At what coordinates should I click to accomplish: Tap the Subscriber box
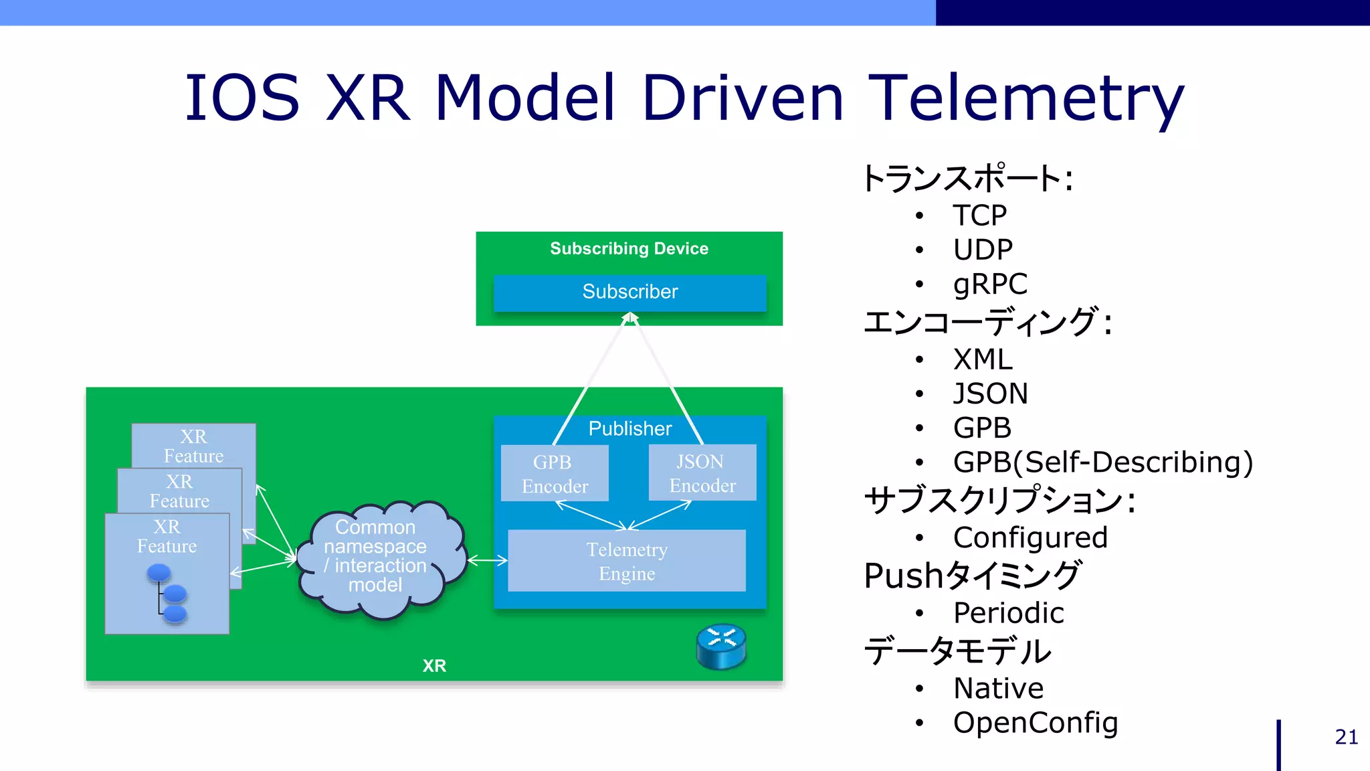click(x=629, y=292)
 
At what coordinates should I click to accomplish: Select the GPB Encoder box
click(x=555, y=473)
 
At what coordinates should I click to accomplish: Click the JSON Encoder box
click(x=702, y=473)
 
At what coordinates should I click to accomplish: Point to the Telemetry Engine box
click(x=627, y=561)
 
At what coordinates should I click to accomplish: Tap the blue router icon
click(x=721, y=647)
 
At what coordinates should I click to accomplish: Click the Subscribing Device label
click(x=629, y=248)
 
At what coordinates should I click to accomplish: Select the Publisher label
click(x=629, y=428)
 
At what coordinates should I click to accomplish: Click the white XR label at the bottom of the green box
click(x=434, y=665)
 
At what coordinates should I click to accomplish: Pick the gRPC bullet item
click(x=989, y=284)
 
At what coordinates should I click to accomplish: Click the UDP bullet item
click(x=983, y=250)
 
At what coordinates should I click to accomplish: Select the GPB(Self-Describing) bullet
click(x=1102, y=462)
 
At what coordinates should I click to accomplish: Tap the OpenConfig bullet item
click(x=1035, y=722)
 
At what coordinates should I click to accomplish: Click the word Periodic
click(x=1008, y=612)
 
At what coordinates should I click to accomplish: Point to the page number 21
click(x=1346, y=737)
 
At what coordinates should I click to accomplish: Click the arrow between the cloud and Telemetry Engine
click(x=487, y=560)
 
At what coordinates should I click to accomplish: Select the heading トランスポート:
click(x=967, y=179)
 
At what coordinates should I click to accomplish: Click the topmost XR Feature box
click(x=194, y=445)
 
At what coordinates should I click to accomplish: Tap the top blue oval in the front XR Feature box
click(x=159, y=573)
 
